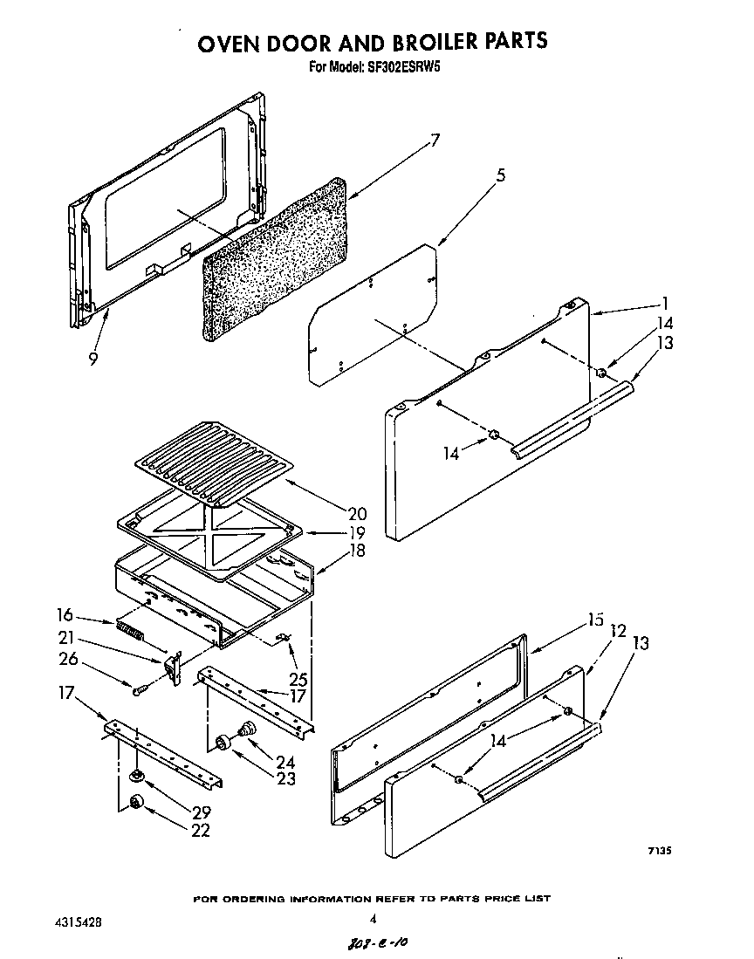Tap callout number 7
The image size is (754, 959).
pos(435,140)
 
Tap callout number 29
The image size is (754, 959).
pos(200,812)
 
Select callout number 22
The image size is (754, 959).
pos(200,831)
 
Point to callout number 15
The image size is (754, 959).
pos(595,620)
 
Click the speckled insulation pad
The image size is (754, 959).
pos(275,257)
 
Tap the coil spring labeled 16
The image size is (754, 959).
pos(128,629)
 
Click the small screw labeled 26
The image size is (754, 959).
pos(139,690)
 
